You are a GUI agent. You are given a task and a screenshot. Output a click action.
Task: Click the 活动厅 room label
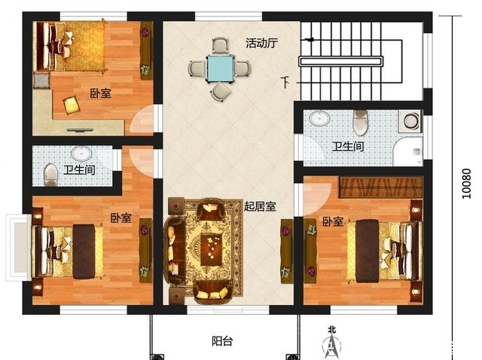261,43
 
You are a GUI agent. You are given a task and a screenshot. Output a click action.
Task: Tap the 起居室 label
260,206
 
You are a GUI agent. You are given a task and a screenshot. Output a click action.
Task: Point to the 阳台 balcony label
222,341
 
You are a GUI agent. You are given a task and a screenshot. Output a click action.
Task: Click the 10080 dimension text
466,184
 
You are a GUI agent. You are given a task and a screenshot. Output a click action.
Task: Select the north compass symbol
331,343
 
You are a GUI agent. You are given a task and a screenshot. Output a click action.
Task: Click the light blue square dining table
221,69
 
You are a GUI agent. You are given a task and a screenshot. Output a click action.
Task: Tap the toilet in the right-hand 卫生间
360,122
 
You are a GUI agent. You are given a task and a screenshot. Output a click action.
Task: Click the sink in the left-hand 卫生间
81,154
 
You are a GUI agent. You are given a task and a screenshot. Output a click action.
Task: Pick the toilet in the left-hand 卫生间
50,175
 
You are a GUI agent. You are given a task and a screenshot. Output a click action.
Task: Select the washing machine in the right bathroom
410,121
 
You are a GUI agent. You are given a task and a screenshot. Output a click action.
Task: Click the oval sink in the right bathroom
319,118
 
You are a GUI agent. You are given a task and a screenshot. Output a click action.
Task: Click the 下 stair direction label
285,82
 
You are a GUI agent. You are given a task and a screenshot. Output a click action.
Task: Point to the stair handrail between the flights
341,61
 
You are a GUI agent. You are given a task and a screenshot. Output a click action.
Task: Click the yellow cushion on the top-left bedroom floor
72,105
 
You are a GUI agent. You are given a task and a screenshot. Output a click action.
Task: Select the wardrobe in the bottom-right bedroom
380,187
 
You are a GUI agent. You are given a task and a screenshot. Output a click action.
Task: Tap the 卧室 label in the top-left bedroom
100,93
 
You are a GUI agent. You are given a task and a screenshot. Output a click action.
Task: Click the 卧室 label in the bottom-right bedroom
333,221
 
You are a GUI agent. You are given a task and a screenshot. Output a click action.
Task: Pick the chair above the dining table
221,45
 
